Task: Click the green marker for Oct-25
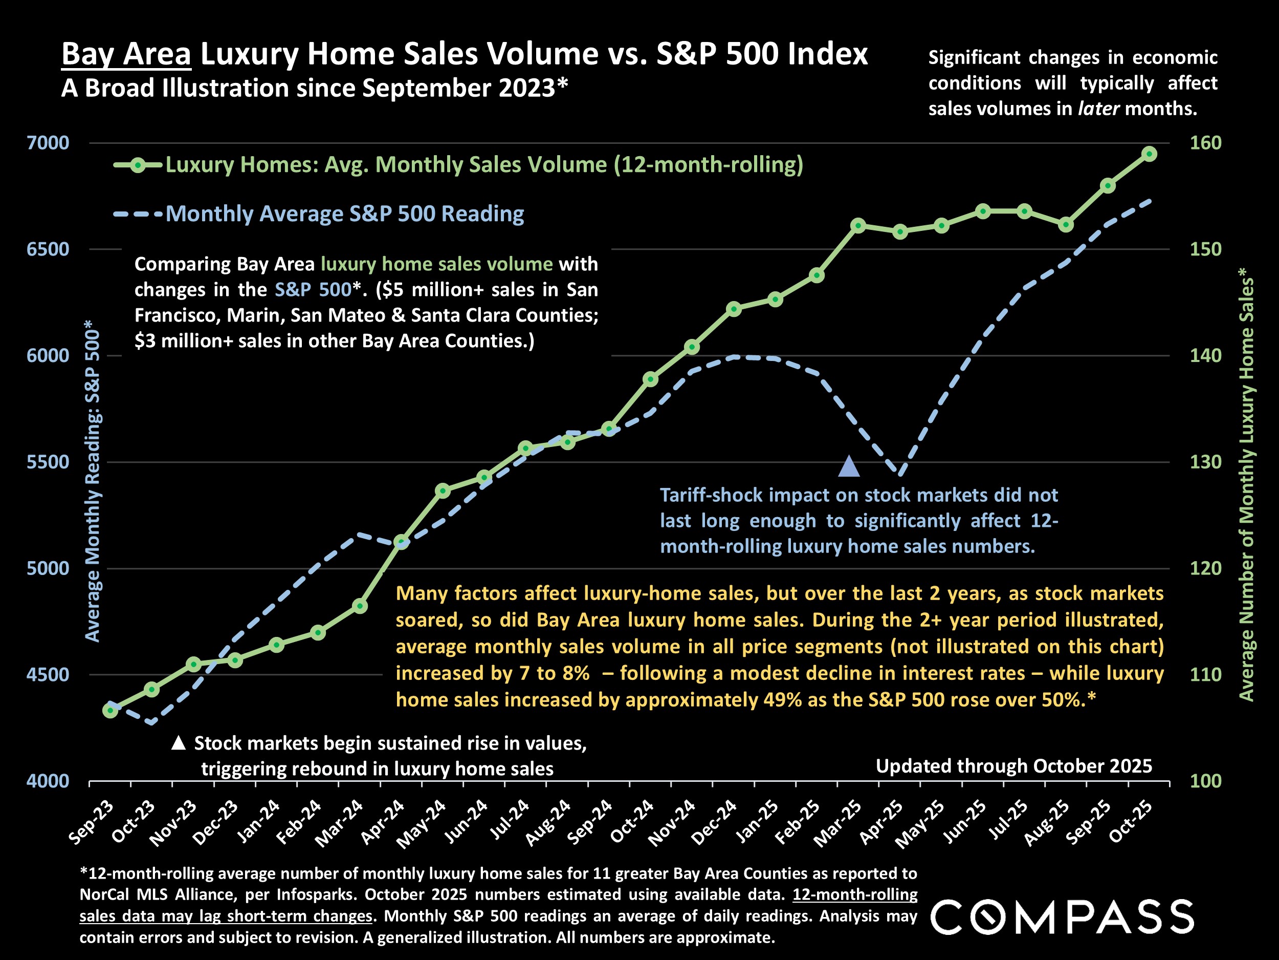[1150, 154]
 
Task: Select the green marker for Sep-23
[111, 711]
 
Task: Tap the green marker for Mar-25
[858, 226]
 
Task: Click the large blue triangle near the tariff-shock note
[849, 466]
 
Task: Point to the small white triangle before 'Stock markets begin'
[179, 742]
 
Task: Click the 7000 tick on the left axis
[48, 143]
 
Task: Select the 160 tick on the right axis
[1205, 143]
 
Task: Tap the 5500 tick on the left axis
[48, 462]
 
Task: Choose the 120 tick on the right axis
[1205, 568]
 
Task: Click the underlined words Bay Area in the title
[126, 54]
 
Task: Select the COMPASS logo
[1062, 916]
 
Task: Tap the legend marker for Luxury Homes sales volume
[138, 165]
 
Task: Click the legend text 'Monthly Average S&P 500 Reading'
[345, 214]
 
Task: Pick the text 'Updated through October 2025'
[1013, 766]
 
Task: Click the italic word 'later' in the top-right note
[1098, 109]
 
